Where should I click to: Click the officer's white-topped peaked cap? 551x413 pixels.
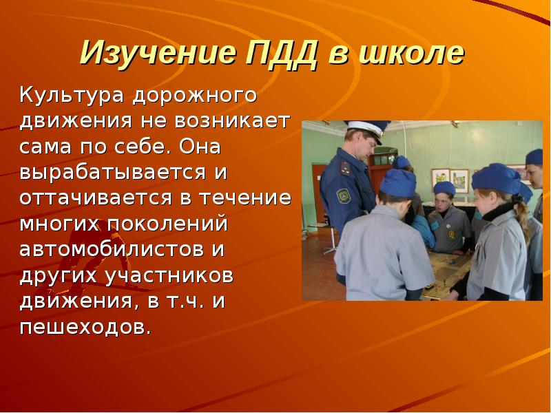coord(365,128)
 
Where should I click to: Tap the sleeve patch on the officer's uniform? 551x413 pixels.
coord(343,197)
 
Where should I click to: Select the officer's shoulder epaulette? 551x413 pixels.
coord(343,165)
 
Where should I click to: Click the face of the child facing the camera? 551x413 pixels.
coord(444,202)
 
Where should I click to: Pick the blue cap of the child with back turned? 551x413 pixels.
coord(398,182)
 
